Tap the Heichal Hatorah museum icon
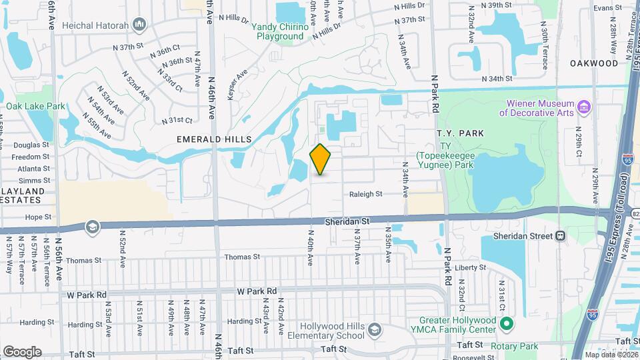139,26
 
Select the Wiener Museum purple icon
584,107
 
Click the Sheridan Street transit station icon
561,235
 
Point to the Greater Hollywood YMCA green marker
507,325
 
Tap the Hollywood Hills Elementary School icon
375,331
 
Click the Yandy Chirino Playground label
279,31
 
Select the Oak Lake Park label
36,106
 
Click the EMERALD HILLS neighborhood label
214,139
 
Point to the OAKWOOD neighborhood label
594,63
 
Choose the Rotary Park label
519,346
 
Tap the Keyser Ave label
237,85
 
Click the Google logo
22,351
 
